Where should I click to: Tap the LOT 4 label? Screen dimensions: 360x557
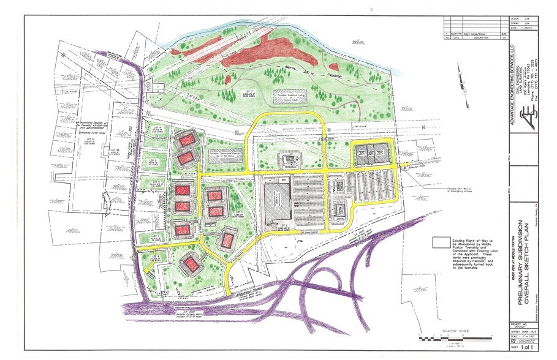click(154, 128)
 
